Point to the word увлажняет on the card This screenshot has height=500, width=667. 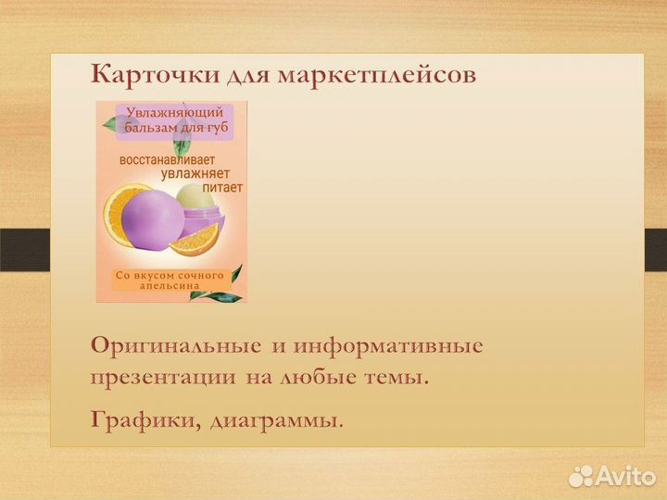202,172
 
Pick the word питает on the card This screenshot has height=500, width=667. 222,186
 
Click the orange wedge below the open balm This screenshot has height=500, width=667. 195,242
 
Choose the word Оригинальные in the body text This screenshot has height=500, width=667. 175,347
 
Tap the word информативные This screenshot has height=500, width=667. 388,347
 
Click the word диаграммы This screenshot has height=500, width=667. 276,420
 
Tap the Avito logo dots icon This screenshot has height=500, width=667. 582,477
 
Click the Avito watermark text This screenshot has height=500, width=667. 625,477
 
